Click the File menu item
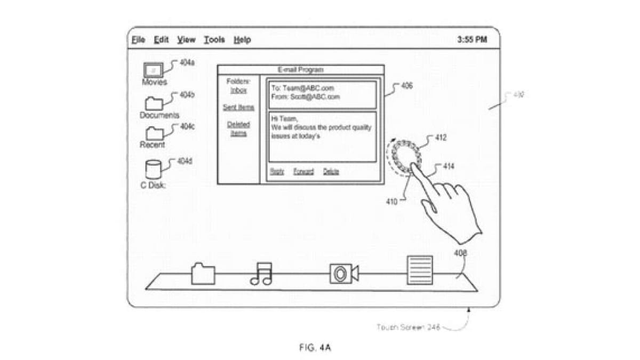click(138, 40)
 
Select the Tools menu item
click(214, 40)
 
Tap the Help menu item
click(242, 40)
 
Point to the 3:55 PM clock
click(472, 40)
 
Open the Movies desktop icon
click(153, 70)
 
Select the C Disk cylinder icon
click(153, 169)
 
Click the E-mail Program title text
click(300, 70)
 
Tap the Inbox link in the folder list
click(238, 91)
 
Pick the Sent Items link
click(238, 108)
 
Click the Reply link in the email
click(277, 172)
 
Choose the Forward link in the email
click(303, 172)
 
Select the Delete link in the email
click(331, 172)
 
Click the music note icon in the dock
click(261, 274)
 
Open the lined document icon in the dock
click(420, 270)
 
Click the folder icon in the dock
click(203, 274)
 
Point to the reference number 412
click(441, 138)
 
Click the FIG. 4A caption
click(316, 348)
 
